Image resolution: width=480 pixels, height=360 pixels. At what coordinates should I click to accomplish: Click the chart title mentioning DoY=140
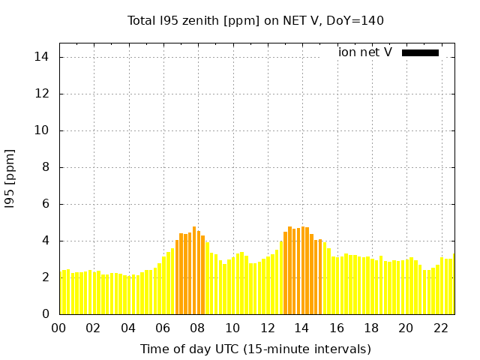click(255, 21)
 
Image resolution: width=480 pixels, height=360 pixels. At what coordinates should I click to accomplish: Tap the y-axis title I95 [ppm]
click(10, 179)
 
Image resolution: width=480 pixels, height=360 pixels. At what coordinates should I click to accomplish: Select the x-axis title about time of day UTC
click(256, 349)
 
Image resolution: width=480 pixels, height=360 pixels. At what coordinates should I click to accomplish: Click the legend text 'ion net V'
click(365, 52)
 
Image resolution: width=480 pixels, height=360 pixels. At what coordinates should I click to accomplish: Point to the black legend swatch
click(420, 53)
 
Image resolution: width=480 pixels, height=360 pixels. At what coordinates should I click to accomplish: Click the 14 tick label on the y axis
click(42, 57)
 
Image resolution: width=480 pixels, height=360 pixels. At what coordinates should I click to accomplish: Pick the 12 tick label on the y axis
click(42, 94)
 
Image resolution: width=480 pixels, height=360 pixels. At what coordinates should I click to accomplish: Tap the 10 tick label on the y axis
click(42, 130)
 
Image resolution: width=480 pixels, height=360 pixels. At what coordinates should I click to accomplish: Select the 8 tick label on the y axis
click(46, 167)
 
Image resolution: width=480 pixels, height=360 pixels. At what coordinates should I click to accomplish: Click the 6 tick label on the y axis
click(46, 204)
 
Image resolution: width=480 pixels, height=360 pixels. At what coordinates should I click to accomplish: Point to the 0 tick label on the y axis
click(46, 314)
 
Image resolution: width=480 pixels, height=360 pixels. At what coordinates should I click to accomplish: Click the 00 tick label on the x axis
click(58, 328)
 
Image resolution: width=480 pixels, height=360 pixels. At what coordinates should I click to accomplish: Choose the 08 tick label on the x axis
click(197, 328)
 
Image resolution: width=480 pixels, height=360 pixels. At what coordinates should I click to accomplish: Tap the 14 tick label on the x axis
click(301, 328)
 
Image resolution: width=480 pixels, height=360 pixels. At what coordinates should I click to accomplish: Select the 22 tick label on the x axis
click(441, 328)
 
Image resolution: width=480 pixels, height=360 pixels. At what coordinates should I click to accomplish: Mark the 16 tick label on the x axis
click(337, 328)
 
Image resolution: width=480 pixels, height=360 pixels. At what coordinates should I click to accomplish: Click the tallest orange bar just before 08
click(194, 271)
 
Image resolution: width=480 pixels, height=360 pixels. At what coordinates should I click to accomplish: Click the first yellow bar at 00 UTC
click(61, 293)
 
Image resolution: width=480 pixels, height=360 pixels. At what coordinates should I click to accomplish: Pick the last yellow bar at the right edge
click(454, 284)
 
